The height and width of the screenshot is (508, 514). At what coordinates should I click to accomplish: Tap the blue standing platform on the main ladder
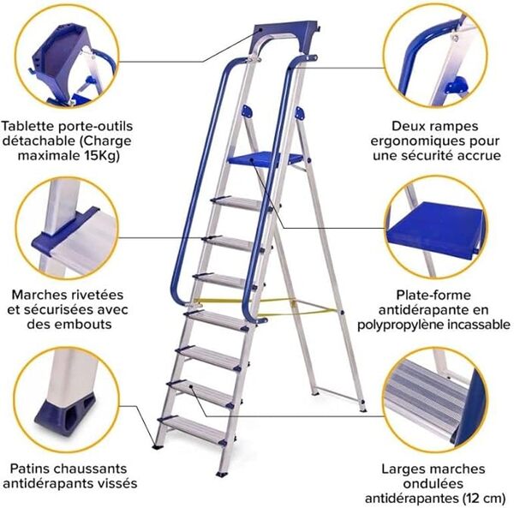tap(266, 158)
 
